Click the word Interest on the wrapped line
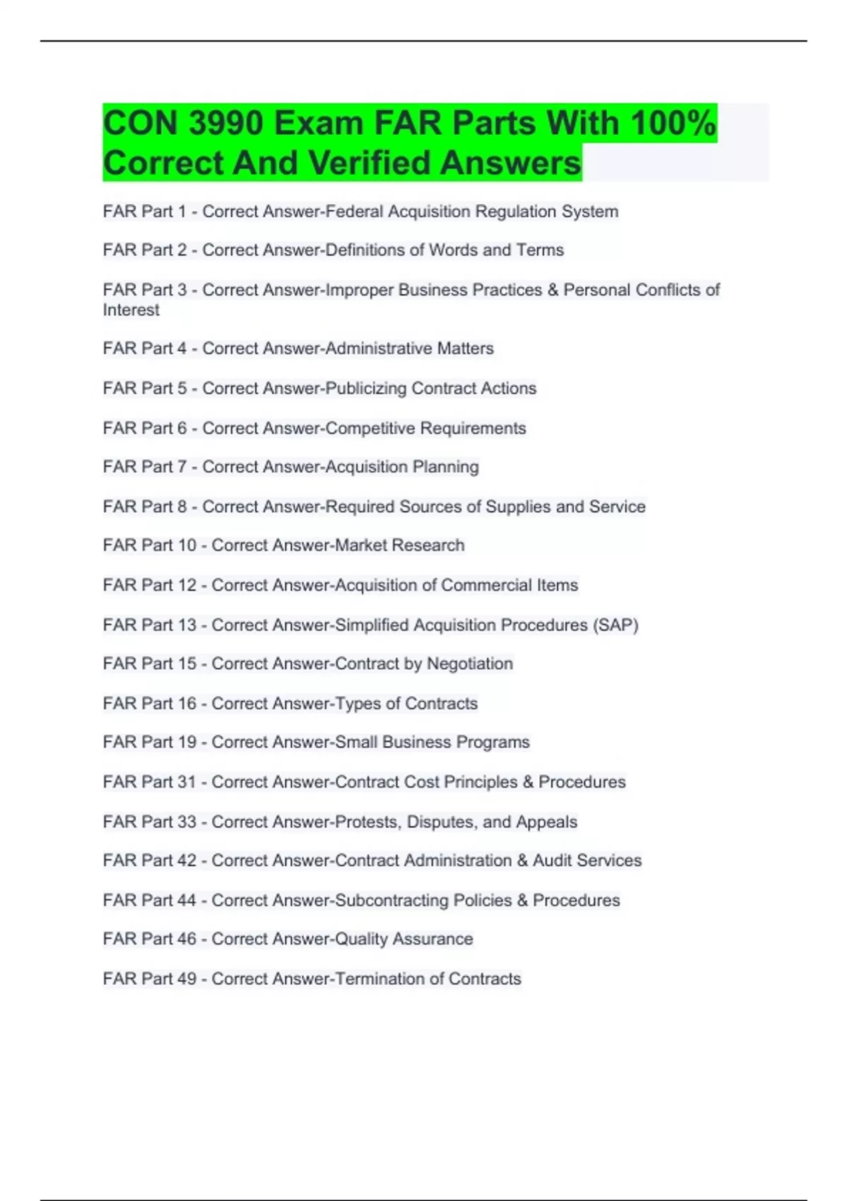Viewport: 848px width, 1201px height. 131,310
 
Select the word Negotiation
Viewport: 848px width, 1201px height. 470,664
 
